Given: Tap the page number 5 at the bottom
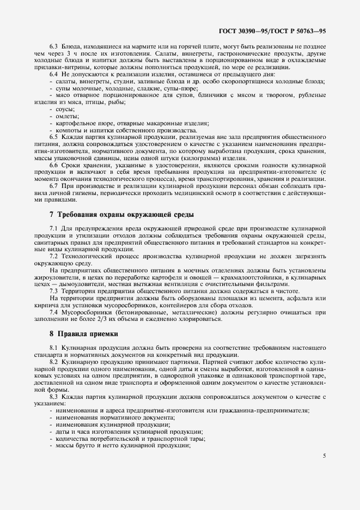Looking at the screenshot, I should (x=324, y=456).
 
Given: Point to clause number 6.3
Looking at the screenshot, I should (x=54, y=47).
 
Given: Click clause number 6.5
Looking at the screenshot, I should (x=54, y=138).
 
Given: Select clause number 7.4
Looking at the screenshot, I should (x=54, y=312).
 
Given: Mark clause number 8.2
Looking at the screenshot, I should (x=54, y=361).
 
